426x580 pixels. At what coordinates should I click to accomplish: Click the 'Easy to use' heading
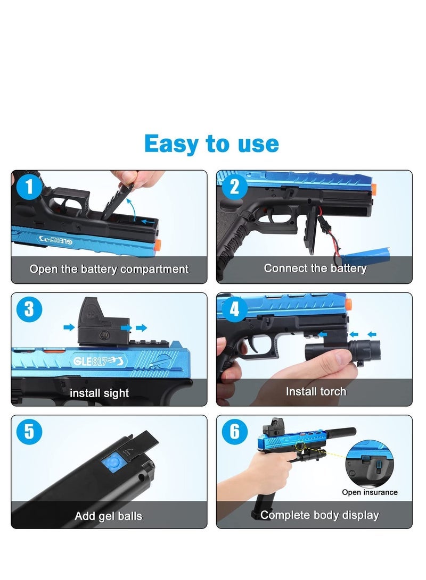point(211,144)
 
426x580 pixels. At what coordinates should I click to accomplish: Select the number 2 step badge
point(235,187)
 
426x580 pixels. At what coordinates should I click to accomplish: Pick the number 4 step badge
point(235,310)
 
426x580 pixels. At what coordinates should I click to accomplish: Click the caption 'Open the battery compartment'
point(109,269)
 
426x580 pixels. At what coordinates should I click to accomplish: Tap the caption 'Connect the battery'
point(315,268)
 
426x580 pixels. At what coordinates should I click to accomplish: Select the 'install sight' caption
point(99,393)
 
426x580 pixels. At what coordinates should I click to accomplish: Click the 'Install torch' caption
point(316,392)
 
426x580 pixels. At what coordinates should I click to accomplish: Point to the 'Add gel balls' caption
point(109,516)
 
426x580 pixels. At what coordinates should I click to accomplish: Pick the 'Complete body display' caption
point(319,515)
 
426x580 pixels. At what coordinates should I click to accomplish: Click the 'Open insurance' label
point(370,492)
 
